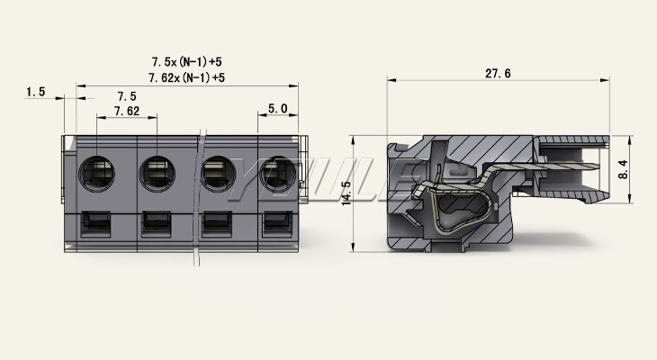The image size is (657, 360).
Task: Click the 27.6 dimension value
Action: [498, 74]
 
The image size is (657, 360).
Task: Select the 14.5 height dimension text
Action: [346, 193]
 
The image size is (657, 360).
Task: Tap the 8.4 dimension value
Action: [623, 169]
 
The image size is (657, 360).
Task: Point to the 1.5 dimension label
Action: [36, 92]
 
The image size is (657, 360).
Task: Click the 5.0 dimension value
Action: [278, 109]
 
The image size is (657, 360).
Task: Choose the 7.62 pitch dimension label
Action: [127, 111]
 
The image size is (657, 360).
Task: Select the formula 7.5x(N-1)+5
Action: [187, 62]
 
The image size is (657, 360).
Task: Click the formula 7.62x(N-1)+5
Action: [187, 77]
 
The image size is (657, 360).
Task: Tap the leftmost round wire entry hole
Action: [97, 174]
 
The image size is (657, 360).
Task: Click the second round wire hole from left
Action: [157, 174]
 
